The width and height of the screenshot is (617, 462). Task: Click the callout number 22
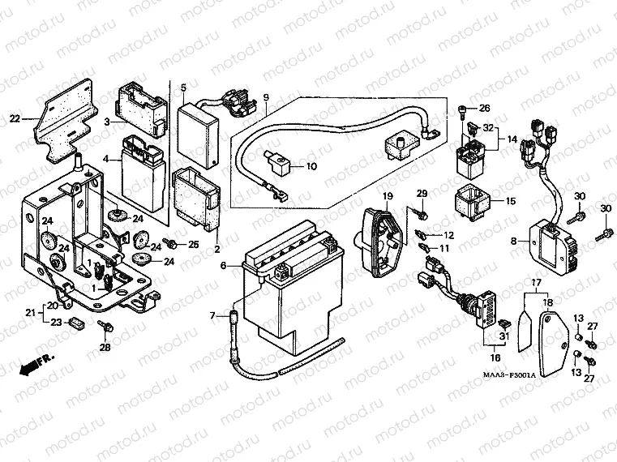click(14, 118)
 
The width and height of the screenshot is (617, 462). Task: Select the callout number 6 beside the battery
click(224, 265)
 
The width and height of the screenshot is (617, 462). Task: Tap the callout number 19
click(388, 197)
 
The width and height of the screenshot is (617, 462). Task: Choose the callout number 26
click(485, 109)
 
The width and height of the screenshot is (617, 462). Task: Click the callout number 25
click(193, 244)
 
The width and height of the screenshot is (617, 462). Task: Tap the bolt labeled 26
click(463, 109)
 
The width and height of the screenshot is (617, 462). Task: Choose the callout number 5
click(183, 88)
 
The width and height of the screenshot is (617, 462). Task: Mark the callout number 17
click(535, 283)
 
